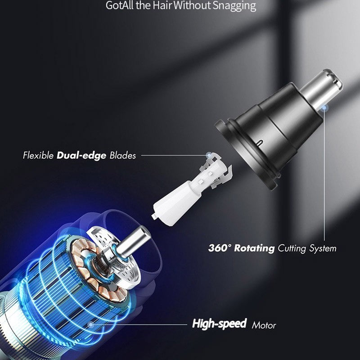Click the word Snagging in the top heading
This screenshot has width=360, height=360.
click(x=234, y=5)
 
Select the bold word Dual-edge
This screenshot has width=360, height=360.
click(x=81, y=155)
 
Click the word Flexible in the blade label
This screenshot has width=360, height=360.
click(x=38, y=155)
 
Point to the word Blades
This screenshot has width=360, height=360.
click(x=122, y=155)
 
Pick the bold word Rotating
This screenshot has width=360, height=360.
click(x=254, y=248)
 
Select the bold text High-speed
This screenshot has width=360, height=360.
click(x=219, y=324)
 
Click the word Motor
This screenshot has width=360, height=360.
click(x=264, y=325)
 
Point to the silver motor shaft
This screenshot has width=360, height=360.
click(x=133, y=241)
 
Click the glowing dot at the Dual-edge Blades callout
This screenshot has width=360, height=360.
click(x=209, y=155)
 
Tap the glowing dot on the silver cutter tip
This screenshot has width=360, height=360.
click(x=324, y=108)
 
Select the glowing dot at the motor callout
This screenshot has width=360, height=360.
click(x=91, y=324)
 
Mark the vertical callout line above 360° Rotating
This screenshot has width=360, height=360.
click(x=324, y=175)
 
